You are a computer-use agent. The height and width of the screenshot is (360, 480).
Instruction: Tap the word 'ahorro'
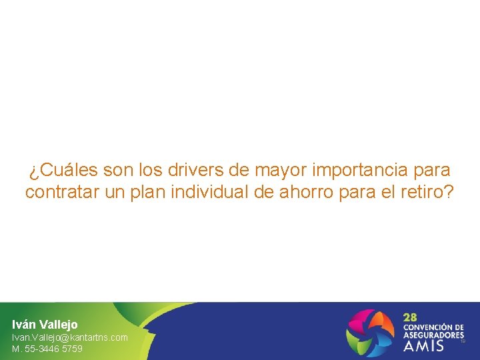coord(311,193)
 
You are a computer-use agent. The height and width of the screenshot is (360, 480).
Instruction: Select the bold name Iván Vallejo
coord(45,325)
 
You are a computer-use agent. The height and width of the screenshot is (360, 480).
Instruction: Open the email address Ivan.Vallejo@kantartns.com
coord(69,337)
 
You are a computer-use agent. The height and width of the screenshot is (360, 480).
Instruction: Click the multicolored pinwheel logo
coord(371,331)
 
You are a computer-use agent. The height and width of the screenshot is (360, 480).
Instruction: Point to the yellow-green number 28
coord(411,317)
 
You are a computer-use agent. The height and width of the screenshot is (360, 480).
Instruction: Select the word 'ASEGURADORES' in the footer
coord(433,335)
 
